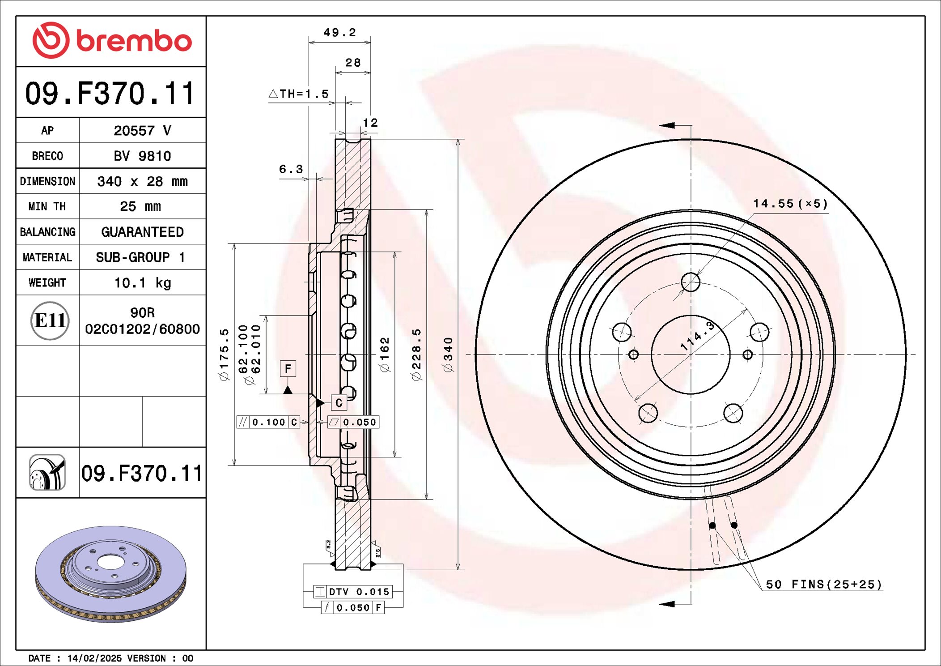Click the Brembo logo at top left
[112, 40]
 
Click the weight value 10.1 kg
[142, 283]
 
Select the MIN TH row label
[47, 206]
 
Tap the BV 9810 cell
[142, 156]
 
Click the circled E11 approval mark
[50, 320]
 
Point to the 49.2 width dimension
[339, 33]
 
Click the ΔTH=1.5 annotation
[299, 94]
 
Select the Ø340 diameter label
[448, 354]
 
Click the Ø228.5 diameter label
[416, 354]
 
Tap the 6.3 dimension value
[291, 169]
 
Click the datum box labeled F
[288, 368]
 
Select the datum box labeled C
[339, 403]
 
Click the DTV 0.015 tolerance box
[353, 592]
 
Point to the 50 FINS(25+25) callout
[823, 585]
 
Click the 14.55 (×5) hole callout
[790, 204]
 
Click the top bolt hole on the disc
[691, 282]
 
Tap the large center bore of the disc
[691, 354]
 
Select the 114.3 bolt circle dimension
[698, 336]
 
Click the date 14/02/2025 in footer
[94, 658]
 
